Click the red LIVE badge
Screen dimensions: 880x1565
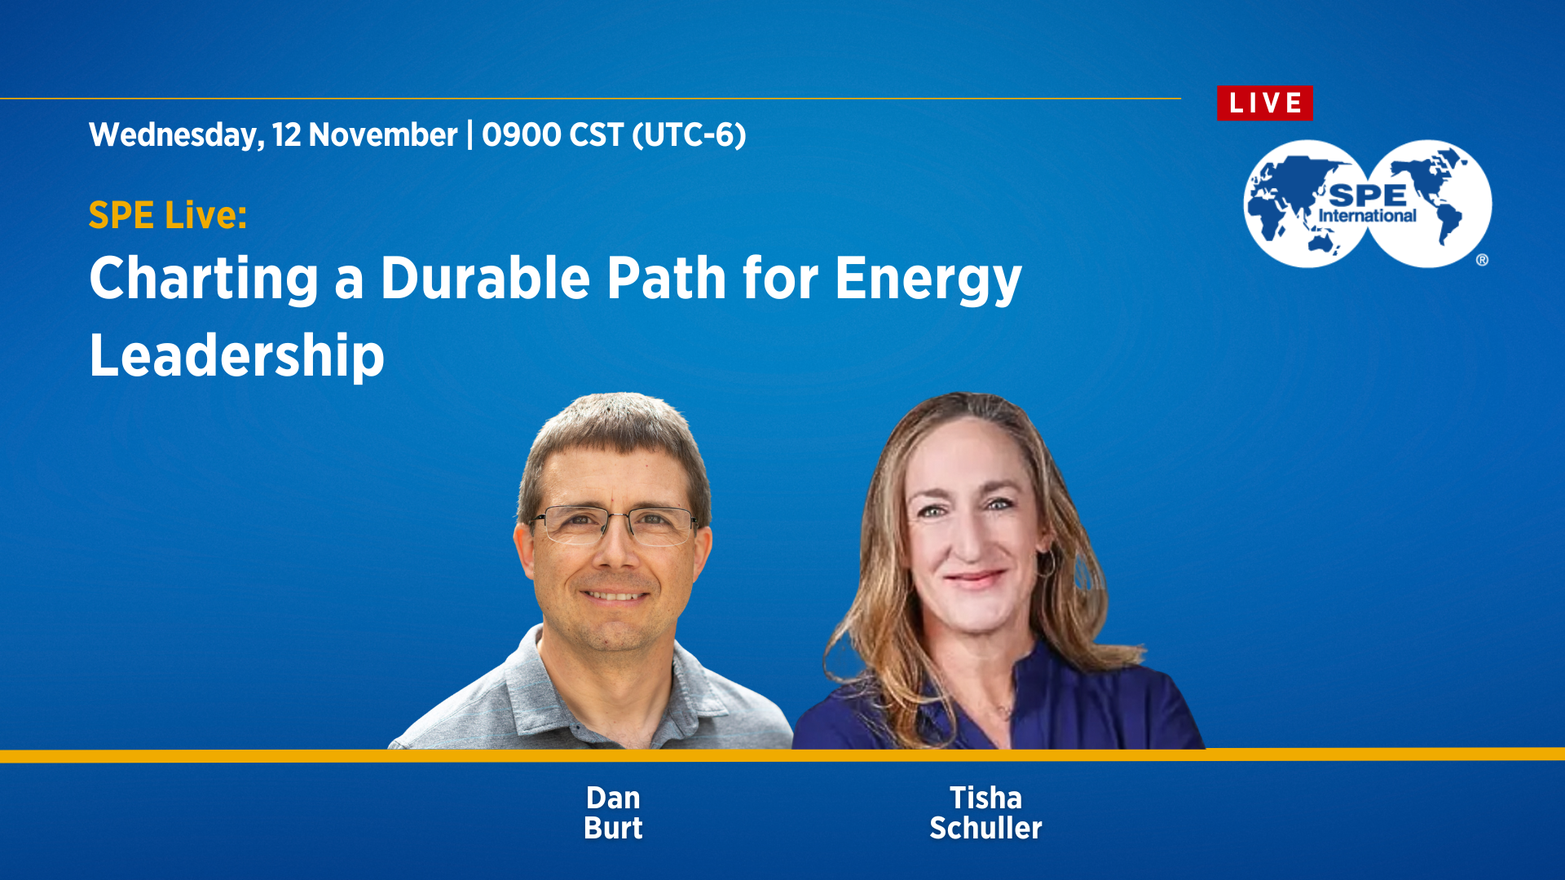(1264, 103)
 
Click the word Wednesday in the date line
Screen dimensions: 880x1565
(176, 135)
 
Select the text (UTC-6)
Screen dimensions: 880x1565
(689, 135)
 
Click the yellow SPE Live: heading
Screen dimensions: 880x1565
(168, 216)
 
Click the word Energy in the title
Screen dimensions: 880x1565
(928, 279)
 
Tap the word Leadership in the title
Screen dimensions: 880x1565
(236, 356)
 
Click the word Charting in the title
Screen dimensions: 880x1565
(204, 279)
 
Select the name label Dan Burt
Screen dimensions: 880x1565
(613, 813)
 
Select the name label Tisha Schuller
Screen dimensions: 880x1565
(985, 813)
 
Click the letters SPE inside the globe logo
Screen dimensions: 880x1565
(1367, 196)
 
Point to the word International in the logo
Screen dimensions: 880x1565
(1367, 216)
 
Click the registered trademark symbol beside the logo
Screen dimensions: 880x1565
(1482, 260)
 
